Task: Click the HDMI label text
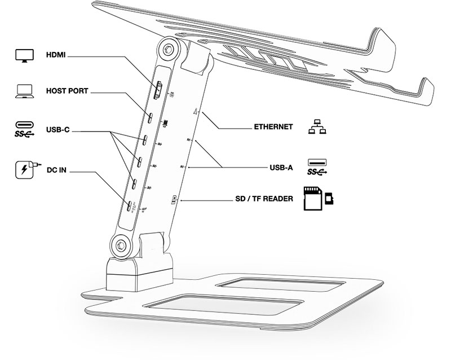click(56, 56)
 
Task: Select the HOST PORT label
click(67, 91)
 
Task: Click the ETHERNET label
click(273, 127)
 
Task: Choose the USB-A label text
click(281, 167)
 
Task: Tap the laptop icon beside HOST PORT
click(24, 91)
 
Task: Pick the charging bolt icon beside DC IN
click(24, 169)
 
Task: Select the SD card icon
click(313, 199)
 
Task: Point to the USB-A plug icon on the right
click(317, 162)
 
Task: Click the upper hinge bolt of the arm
click(168, 50)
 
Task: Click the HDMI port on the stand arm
click(160, 91)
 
